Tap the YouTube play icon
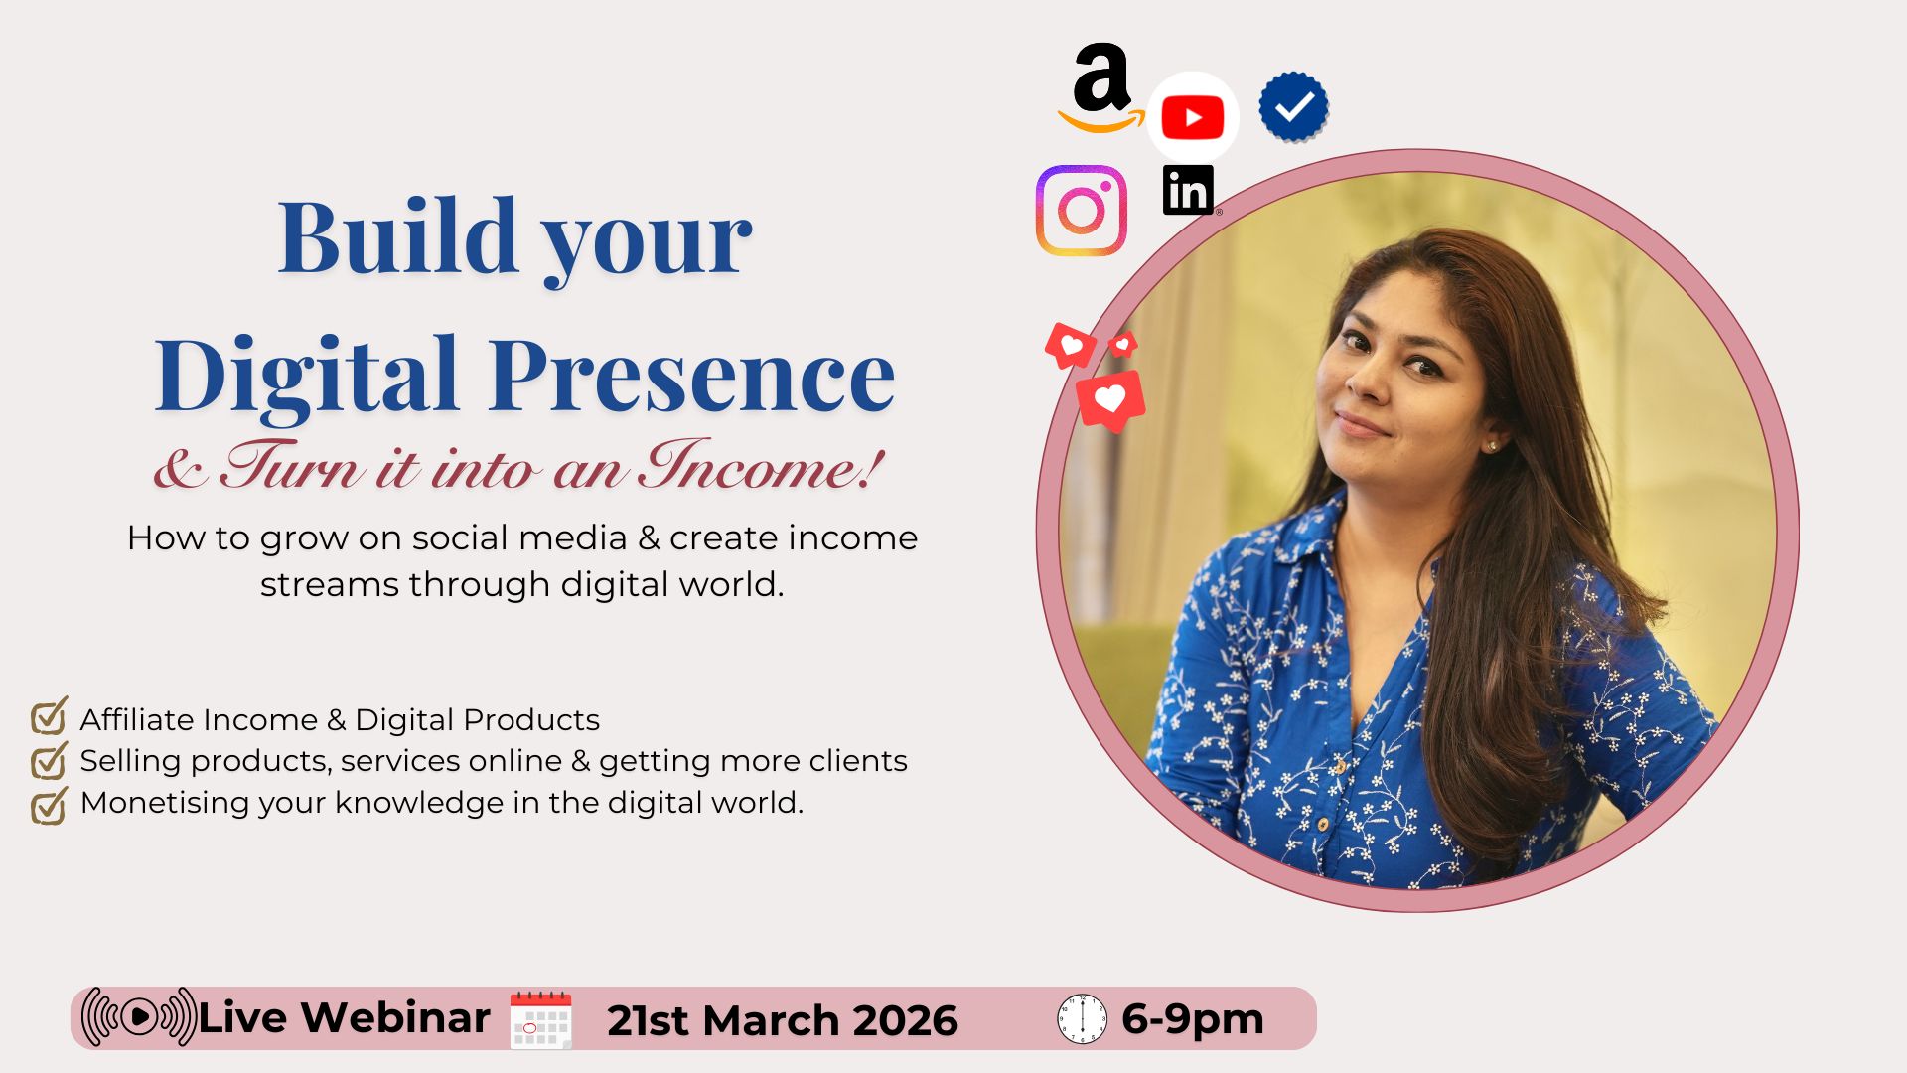(1192, 118)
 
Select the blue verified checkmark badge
(1293, 106)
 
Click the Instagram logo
(1081, 211)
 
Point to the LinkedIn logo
(1188, 190)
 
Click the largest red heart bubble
(1110, 400)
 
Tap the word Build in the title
(397, 238)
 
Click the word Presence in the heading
(691, 376)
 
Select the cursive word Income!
(760, 466)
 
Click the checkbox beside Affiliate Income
(49, 716)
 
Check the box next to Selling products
(49, 761)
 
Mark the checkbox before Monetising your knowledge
(49, 805)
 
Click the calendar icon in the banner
(540, 1019)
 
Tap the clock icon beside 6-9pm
(1082, 1019)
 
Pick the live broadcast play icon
(139, 1017)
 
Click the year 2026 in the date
(904, 1021)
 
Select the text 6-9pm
(1192, 1019)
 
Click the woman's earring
(1491, 447)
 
